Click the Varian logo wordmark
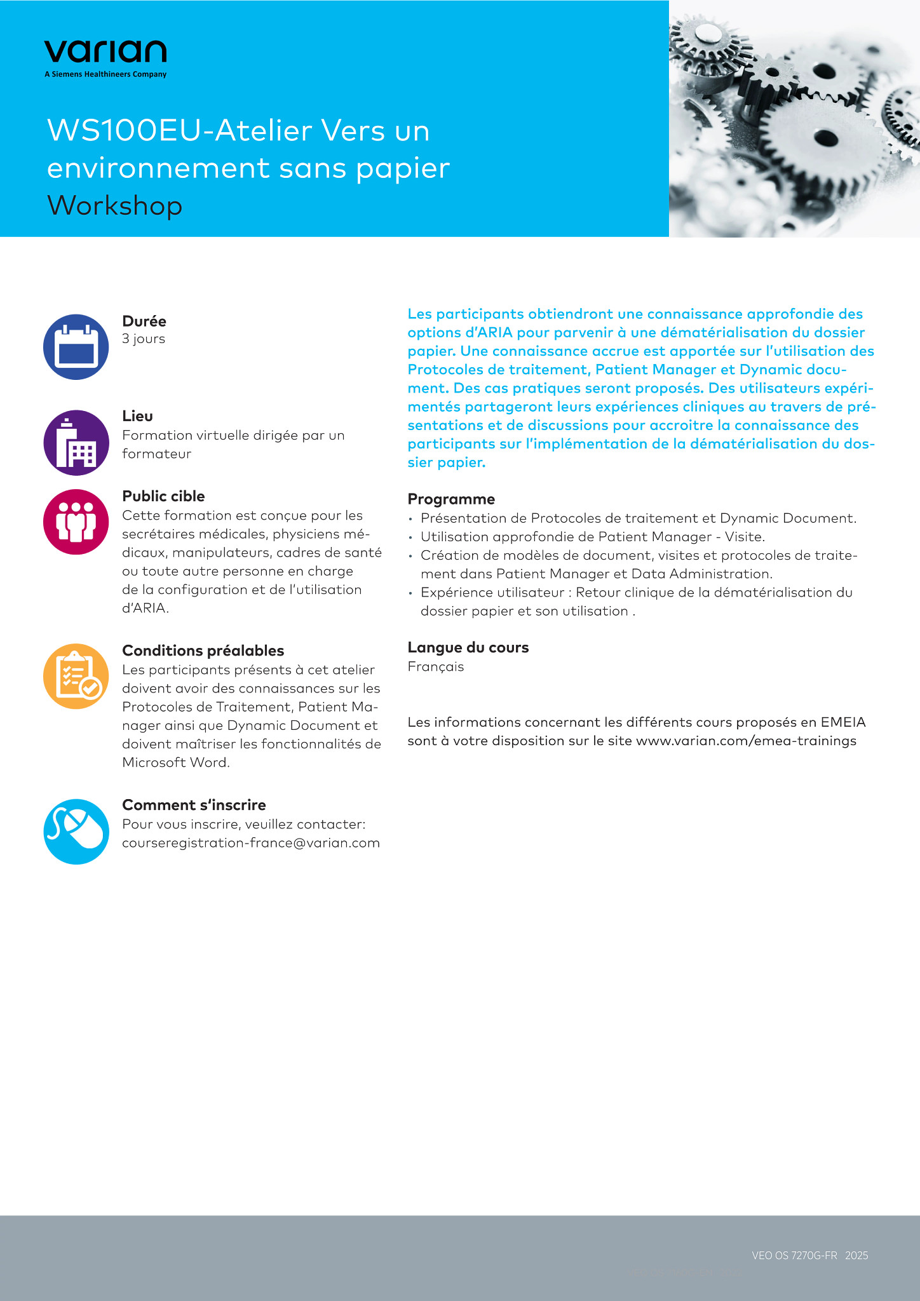coord(105,52)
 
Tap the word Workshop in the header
coord(115,206)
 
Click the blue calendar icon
coord(76,347)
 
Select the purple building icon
coord(76,443)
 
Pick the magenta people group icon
coord(76,522)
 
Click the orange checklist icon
coord(76,676)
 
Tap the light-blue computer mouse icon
coord(76,831)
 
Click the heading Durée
coord(144,321)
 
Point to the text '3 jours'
coord(144,339)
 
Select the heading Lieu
coord(137,416)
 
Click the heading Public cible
coord(163,496)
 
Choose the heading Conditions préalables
coord(203,650)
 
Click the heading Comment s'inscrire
coord(194,805)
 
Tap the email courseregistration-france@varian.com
coord(251,843)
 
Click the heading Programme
coord(451,499)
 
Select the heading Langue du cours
coord(468,647)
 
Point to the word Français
coord(436,666)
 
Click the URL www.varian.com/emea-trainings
coord(746,741)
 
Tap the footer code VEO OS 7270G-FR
coord(794,1255)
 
